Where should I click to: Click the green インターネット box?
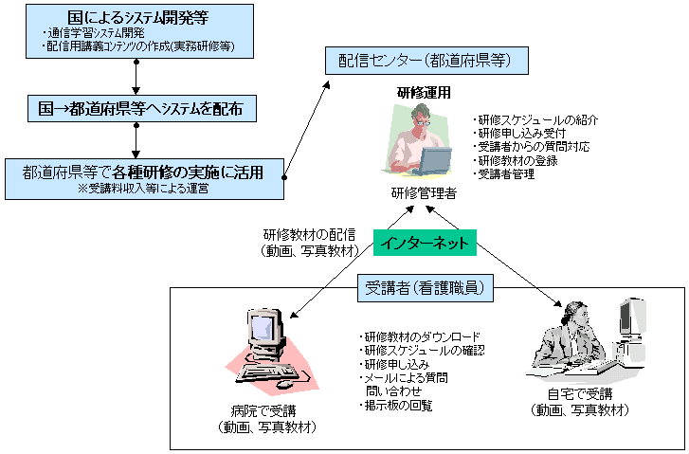[424, 242]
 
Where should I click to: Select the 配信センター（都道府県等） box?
[426, 62]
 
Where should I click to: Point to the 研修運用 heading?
[424, 93]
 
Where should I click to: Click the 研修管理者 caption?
[424, 193]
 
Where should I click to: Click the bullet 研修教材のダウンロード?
[421, 337]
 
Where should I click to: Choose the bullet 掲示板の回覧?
[397, 406]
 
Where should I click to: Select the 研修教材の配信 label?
[308, 235]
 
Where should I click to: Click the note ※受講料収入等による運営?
[142, 189]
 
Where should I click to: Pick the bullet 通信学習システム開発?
[94, 33]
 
